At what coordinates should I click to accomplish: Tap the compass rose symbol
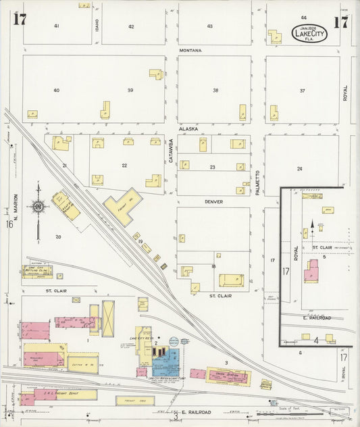point(38,206)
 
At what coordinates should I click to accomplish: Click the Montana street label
point(191,51)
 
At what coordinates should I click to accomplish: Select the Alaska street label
point(188,128)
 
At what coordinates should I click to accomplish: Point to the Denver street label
point(214,201)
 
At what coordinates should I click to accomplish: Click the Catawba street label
point(171,150)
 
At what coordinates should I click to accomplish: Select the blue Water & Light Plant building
point(164,363)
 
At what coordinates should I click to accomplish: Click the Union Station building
point(228,376)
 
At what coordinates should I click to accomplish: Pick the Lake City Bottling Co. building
point(38,272)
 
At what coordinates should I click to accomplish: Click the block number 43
point(210,26)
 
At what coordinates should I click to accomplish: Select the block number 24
point(299,168)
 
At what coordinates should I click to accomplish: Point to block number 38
point(215,91)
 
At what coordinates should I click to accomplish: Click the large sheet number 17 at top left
point(20,19)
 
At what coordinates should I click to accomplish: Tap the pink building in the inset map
point(312,272)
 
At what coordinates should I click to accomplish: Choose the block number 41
point(57,26)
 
